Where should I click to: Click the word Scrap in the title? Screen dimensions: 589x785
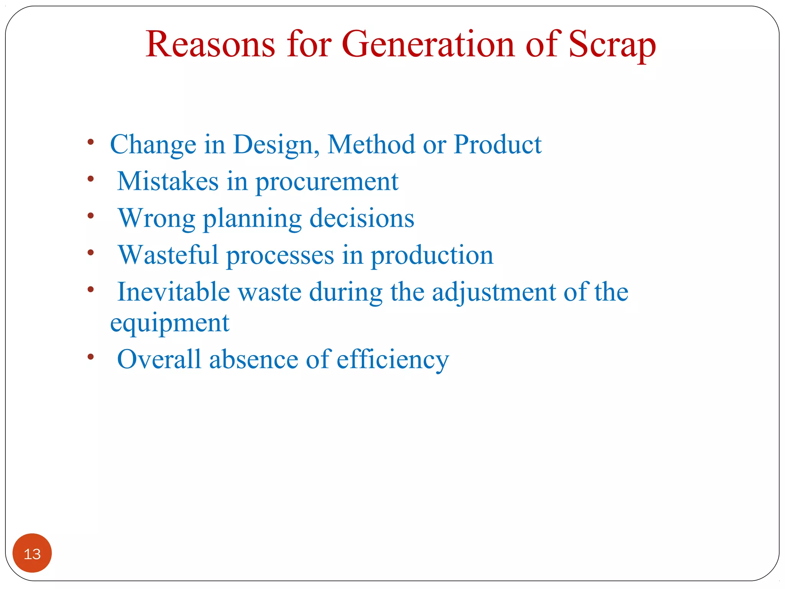point(612,45)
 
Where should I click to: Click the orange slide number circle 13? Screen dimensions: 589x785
point(32,553)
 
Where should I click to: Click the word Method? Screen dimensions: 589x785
point(371,145)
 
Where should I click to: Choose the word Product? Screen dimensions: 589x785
point(498,145)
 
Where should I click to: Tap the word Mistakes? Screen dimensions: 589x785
point(168,181)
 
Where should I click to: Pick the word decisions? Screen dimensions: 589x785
point(362,218)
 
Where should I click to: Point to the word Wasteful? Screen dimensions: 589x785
point(168,255)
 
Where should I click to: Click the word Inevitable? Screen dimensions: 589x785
point(173,292)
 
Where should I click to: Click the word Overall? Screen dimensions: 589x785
point(159,359)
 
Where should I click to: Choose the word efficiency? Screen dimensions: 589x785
point(392,360)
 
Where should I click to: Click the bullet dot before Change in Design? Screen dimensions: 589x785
point(91,142)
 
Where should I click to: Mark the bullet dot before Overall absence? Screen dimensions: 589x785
point(91,357)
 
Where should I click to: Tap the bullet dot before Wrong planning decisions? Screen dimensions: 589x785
point(91,216)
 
